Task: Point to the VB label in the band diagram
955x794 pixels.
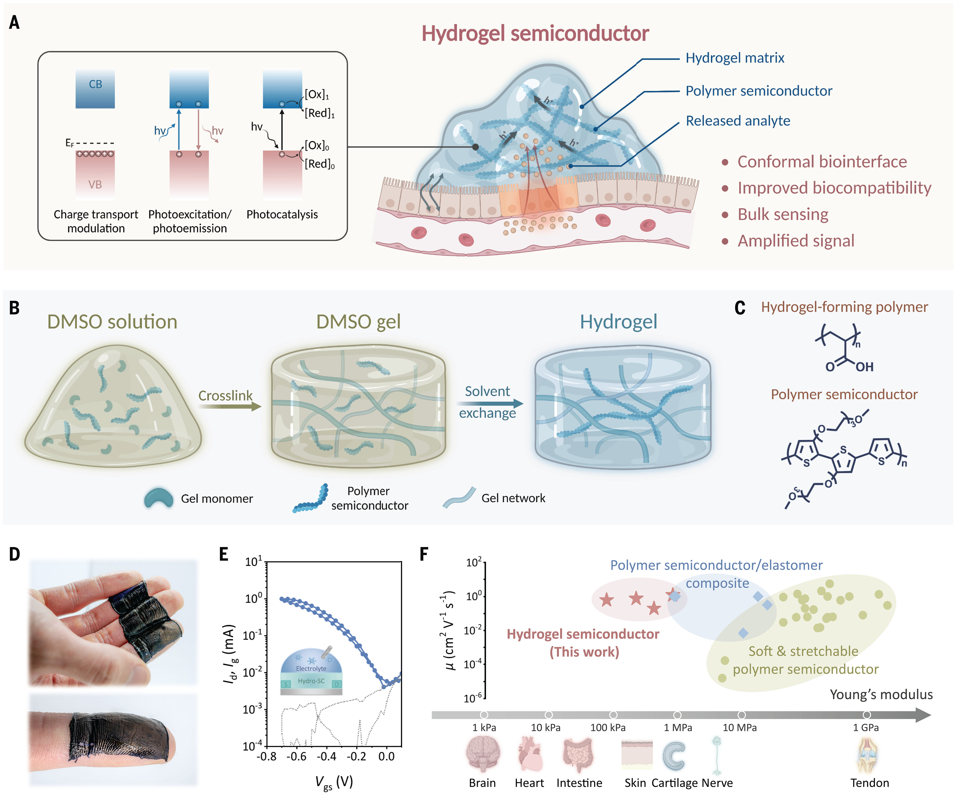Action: pos(95,185)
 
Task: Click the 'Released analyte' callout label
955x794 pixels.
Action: pos(738,121)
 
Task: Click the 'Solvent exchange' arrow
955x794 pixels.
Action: pos(490,403)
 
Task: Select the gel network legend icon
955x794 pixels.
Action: pos(459,498)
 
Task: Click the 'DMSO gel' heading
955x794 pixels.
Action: pos(358,322)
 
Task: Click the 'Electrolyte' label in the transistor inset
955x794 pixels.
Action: pos(311,668)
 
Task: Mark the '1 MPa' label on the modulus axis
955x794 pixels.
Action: pos(678,728)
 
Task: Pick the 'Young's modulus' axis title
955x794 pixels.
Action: pos(881,694)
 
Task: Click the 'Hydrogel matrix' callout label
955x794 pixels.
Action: pos(735,58)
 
